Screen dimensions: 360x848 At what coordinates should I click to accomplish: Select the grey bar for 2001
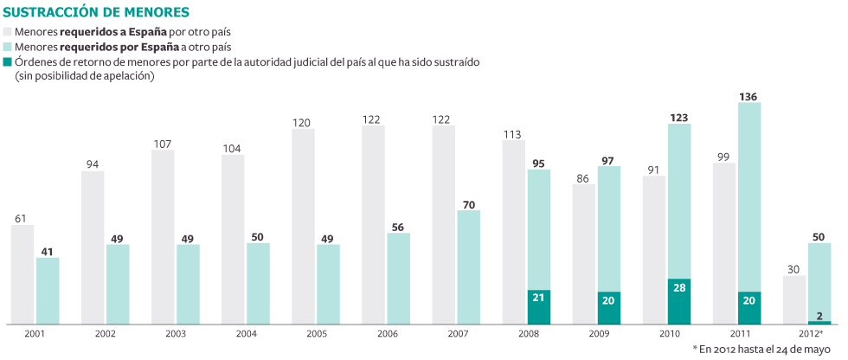pyautogui.click(x=22, y=274)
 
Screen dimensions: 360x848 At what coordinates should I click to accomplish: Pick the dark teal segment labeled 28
pyautogui.click(x=679, y=301)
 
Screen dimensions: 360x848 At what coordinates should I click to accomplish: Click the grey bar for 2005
pyautogui.click(x=303, y=227)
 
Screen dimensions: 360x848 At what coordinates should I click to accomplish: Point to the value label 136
pyautogui.click(x=749, y=96)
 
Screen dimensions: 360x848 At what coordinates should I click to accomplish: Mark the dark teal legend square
pyautogui.click(x=9, y=63)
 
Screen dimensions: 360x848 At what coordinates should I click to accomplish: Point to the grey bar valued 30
pyautogui.click(x=794, y=299)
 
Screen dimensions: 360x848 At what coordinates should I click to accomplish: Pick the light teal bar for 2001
pyautogui.click(x=48, y=291)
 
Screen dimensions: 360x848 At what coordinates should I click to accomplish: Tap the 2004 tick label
pyautogui.click(x=246, y=333)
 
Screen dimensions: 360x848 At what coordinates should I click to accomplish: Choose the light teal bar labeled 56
pyautogui.click(x=398, y=278)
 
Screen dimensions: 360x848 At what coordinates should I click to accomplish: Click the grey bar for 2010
pyautogui.click(x=654, y=250)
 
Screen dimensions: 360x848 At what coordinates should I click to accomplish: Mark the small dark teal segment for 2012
pyautogui.click(x=819, y=322)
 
